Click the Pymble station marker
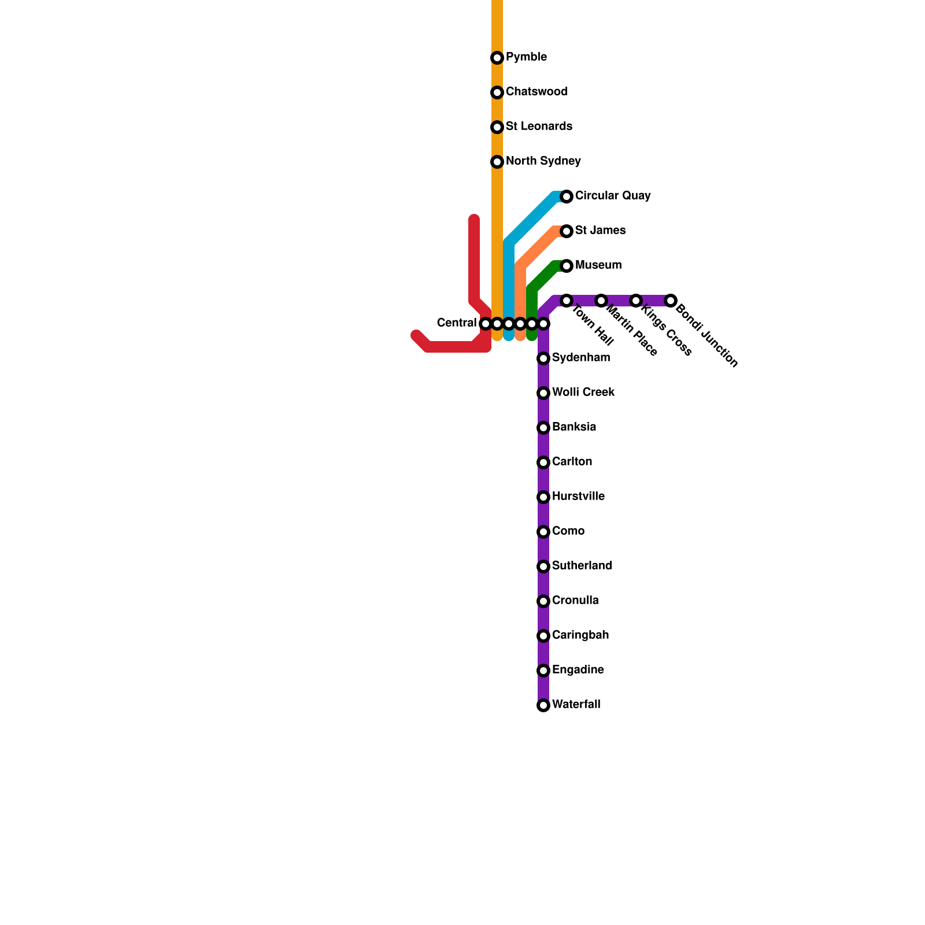[x=497, y=58]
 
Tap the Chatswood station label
[x=536, y=92]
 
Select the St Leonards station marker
[x=497, y=127]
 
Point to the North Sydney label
[x=543, y=161]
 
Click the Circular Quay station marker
[x=567, y=197]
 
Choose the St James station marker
[x=567, y=231]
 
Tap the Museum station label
[x=598, y=265]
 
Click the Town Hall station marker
[x=567, y=301]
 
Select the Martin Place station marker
[x=601, y=301]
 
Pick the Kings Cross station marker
[x=636, y=301]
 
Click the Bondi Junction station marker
[x=671, y=301]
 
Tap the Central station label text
[x=456, y=323]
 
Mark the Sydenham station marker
[x=543, y=358]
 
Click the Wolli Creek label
[x=583, y=393]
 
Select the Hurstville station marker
[x=543, y=497]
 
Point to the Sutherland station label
[x=582, y=566]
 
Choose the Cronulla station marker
[x=543, y=601]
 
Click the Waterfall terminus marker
[x=543, y=705]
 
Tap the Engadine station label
[x=578, y=670]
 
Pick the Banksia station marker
[x=543, y=428]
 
